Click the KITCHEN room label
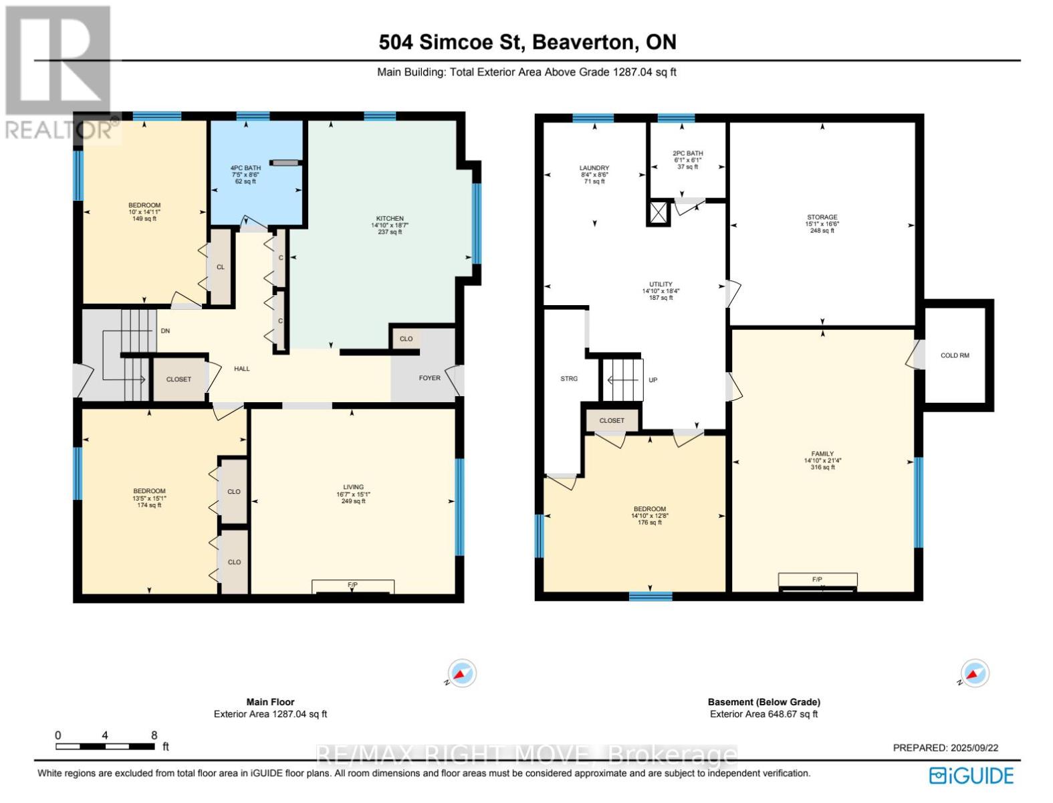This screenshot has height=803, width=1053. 390,218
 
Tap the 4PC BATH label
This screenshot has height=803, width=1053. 245,168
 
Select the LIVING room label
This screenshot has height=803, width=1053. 353,487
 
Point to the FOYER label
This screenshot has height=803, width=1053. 429,378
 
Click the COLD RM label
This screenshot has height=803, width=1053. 955,356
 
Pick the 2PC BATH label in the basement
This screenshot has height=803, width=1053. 687,154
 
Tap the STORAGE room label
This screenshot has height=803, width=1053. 822,217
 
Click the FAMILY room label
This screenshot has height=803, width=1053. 822,454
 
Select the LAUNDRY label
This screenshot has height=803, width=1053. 594,168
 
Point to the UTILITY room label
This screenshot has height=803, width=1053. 661,284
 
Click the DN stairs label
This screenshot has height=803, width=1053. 165,331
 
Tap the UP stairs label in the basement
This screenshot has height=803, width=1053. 653,380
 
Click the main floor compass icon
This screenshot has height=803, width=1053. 461,673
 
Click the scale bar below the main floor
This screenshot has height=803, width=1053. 105,747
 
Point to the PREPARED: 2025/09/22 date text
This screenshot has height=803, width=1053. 945,748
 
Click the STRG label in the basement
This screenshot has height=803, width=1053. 569,379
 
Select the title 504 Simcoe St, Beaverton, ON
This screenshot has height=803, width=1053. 528,42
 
